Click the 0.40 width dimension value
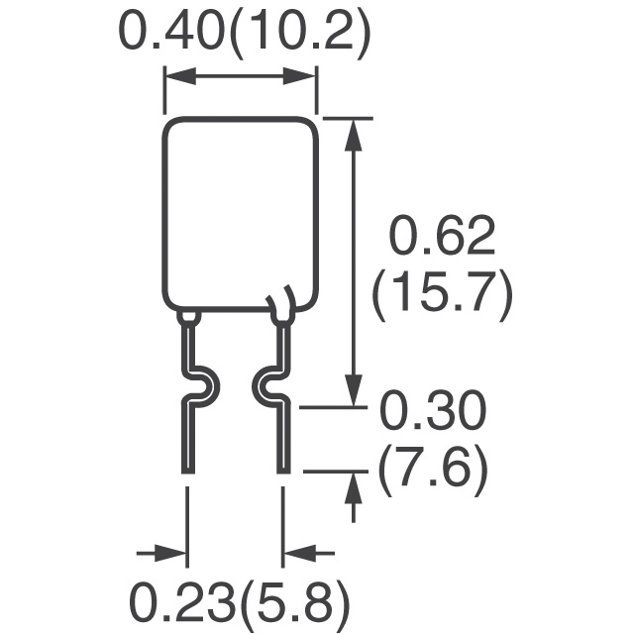tap(172, 31)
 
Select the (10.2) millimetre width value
tap(299, 35)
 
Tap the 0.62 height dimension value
tap(442, 236)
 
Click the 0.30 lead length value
tap(433, 410)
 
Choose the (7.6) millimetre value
tap(433, 471)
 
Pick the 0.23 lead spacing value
tap(184, 603)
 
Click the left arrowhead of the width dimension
tap(180, 75)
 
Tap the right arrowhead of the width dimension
tap(299, 75)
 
